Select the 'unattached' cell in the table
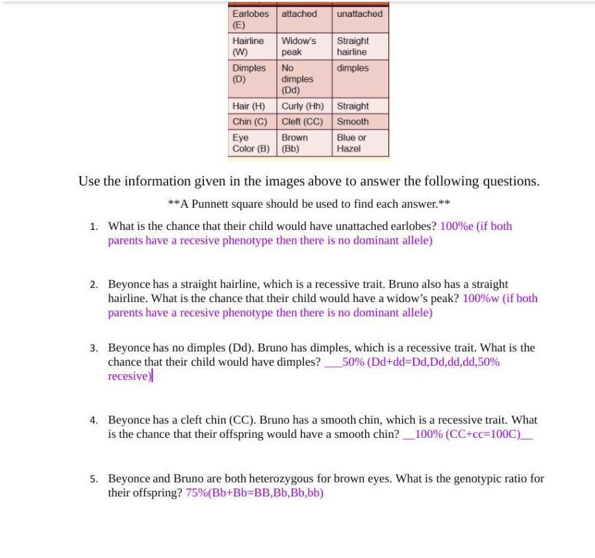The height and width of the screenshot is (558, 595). pos(360,14)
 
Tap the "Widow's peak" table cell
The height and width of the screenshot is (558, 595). pos(299,46)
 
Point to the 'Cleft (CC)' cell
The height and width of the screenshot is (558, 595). pos(302,121)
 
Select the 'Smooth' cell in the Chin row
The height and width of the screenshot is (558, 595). pos(353,121)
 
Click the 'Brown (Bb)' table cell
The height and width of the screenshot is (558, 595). pos(295,143)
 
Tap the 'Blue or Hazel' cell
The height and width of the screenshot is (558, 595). pos(351,143)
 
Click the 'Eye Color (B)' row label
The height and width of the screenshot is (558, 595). pos(251,143)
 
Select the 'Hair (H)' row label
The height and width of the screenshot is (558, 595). pos(249,106)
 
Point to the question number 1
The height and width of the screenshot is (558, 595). pos(94,227)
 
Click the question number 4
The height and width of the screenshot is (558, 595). pos(94,420)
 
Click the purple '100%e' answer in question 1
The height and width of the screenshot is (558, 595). pos(457,226)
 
